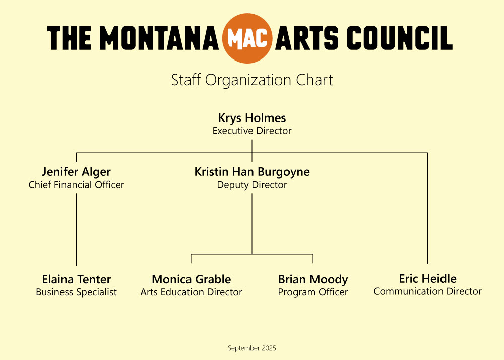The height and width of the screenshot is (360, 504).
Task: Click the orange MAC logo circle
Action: pyautogui.click(x=247, y=38)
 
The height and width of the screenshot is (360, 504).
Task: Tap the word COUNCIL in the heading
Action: pyautogui.click(x=400, y=38)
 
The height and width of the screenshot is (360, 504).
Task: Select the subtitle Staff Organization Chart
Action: pyautogui.click(x=252, y=80)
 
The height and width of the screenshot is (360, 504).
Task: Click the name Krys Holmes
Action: pyautogui.click(x=252, y=118)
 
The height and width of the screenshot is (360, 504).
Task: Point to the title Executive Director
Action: pyautogui.click(x=252, y=131)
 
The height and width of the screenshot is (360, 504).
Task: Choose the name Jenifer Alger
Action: pyautogui.click(x=76, y=172)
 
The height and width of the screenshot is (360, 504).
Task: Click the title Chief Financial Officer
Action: pyautogui.click(x=76, y=185)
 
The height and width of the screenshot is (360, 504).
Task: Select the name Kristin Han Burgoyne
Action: pyautogui.click(x=252, y=172)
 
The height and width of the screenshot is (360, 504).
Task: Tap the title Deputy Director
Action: pyautogui.click(x=252, y=185)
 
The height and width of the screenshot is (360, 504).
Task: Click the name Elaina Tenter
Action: pyautogui.click(x=76, y=279)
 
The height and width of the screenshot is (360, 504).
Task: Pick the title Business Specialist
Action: pyautogui.click(x=76, y=292)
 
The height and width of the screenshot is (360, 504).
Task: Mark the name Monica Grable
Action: pyautogui.click(x=191, y=279)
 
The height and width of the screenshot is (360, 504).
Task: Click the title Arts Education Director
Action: pyautogui.click(x=191, y=292)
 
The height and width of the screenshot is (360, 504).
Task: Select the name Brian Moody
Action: pyautogui.click(x=313, y=280)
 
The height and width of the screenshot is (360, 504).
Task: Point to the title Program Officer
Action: pyautogui.click(x=313, y=292)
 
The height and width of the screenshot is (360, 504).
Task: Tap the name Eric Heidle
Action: pyautogui.click(x=427, y=279)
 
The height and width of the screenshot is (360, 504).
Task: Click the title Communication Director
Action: pyautogui.click(x=427, y=291)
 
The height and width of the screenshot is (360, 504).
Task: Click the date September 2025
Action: pyautogui.click(x=252, y=348)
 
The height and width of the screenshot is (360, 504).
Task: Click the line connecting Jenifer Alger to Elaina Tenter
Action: pyautogui.click(x=76, y=229)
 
